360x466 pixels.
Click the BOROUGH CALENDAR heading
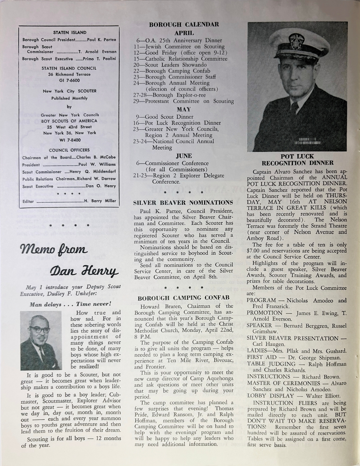coord(184,25)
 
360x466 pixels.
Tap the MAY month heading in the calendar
coord(184,109)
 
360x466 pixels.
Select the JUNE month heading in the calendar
coord(184,156)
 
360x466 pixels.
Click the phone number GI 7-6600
coord(69,80)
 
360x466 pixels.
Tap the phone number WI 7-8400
coord(69,140)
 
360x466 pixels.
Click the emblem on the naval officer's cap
coord(294,39)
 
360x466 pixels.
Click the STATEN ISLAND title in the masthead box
coord(70,32)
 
